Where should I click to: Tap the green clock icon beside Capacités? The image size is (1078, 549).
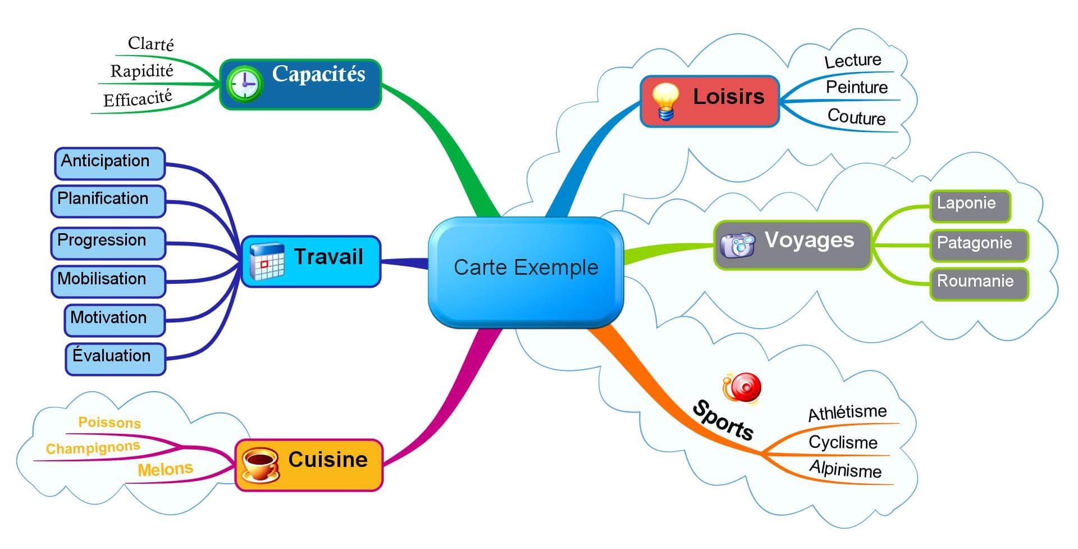click(244, 84)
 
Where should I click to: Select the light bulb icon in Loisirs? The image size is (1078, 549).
click(665, 102)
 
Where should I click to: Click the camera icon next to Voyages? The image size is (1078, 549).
click(737, 244)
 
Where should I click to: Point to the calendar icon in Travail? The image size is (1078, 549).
click(267, 261)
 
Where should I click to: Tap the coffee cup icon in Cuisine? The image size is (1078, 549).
click(259, 464)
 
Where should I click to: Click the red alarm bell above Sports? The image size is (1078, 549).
click(742, 388)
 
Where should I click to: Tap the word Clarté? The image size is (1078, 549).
click(150, 44)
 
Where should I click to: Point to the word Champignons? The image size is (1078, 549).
click(93, 448)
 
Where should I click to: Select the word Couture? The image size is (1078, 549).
click(856, 117)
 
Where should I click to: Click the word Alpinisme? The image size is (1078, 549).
click(845, 469)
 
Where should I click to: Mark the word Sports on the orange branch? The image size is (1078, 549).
click(723, 420)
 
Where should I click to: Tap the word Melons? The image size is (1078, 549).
click(165, 469)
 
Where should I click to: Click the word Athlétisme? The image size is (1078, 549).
click(847, 413)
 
